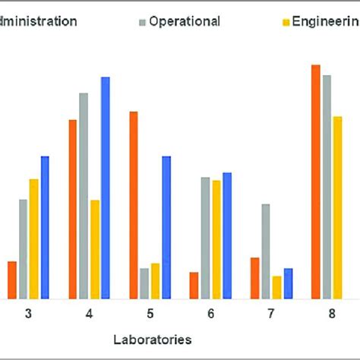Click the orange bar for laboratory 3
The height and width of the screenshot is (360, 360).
[12, 279]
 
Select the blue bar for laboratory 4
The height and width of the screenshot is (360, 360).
[106, 188]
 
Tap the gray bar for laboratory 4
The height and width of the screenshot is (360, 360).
[84, 196]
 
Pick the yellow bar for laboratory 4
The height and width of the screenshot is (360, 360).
[95, 249]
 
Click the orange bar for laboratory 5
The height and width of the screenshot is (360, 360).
[134, 205]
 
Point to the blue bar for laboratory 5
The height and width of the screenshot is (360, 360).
[166, 227]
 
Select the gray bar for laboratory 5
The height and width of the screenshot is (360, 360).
[144, 283]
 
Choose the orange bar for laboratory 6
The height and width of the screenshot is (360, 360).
[194, 285]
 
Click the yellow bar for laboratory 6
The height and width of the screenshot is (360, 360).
[216, 239]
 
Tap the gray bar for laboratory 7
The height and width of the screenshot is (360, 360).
[266, 251]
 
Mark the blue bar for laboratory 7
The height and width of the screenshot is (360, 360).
[288, 283]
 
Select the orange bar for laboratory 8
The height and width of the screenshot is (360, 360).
[316, 182]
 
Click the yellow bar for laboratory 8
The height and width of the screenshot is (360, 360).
[338, 207]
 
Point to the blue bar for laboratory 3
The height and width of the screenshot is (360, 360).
[45, 227]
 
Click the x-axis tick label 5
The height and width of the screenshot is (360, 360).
[150, 314]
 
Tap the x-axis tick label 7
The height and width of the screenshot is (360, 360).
[271, 314]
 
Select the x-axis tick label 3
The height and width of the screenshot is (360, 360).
[28, 314]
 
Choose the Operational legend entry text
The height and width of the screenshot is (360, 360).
[185, 21]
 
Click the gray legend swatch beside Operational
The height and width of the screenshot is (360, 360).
[141, 21]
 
